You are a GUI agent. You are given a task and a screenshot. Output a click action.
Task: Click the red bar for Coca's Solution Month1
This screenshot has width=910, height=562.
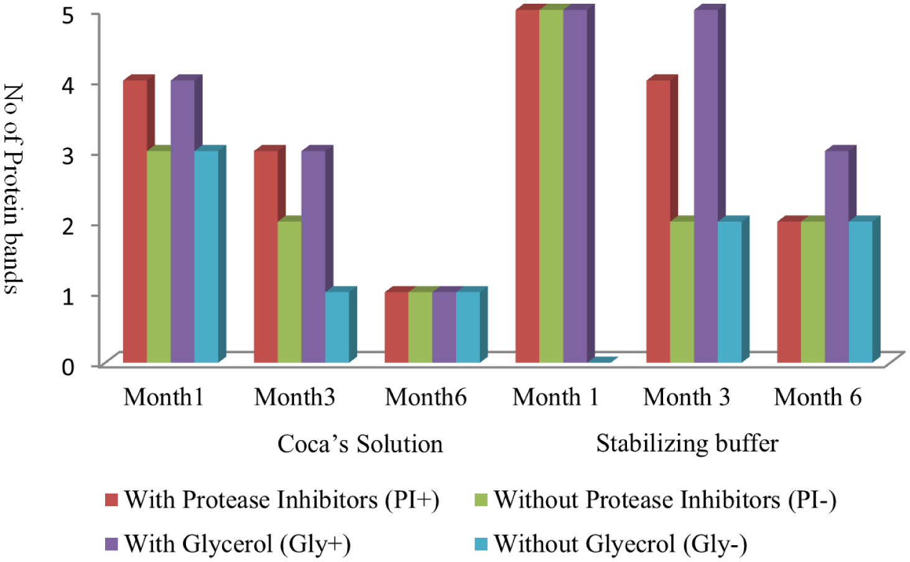click(x=135, y=221)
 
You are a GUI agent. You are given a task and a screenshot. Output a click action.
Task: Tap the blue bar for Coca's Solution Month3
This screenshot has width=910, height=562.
click(x=337, y=327)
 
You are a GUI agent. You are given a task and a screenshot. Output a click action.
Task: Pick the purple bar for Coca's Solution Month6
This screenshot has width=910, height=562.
click(x=444, y=327)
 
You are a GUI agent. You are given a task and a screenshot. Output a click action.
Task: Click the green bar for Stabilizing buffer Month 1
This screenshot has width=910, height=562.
click(x=551, y=187)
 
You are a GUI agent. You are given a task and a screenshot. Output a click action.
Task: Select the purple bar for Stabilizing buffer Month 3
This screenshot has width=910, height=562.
click(x=706, y=187)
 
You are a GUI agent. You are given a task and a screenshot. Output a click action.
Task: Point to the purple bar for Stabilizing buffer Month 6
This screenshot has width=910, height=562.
click(x=837, y=257)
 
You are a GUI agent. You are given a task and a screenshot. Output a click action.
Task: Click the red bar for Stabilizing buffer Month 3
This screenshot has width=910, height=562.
click(x=658, y=221)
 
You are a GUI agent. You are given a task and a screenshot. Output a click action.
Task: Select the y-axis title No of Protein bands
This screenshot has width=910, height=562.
click(x=14, y=188)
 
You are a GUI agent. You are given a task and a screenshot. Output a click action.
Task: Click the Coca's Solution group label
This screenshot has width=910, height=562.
click(x=360, y=444)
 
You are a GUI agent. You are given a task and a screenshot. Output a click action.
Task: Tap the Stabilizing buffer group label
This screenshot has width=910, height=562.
click(x=687, y=443)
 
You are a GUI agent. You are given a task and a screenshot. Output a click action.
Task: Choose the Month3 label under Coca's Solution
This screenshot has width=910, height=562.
click(x=294, y=397)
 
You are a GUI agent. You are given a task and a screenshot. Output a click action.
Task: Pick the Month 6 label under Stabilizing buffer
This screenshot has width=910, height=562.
click(x=817, y=397)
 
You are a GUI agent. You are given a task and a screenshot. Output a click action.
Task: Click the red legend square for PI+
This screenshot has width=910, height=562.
click(x=111, y=500)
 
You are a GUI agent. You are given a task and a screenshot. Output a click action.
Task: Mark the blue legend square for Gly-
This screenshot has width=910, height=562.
click(x=481, y=544)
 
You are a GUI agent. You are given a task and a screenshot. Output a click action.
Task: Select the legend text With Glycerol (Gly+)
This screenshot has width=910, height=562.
click(x=237, y=544)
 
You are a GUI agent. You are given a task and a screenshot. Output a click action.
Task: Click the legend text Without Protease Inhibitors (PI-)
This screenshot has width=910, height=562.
click(x=665, y=500)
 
